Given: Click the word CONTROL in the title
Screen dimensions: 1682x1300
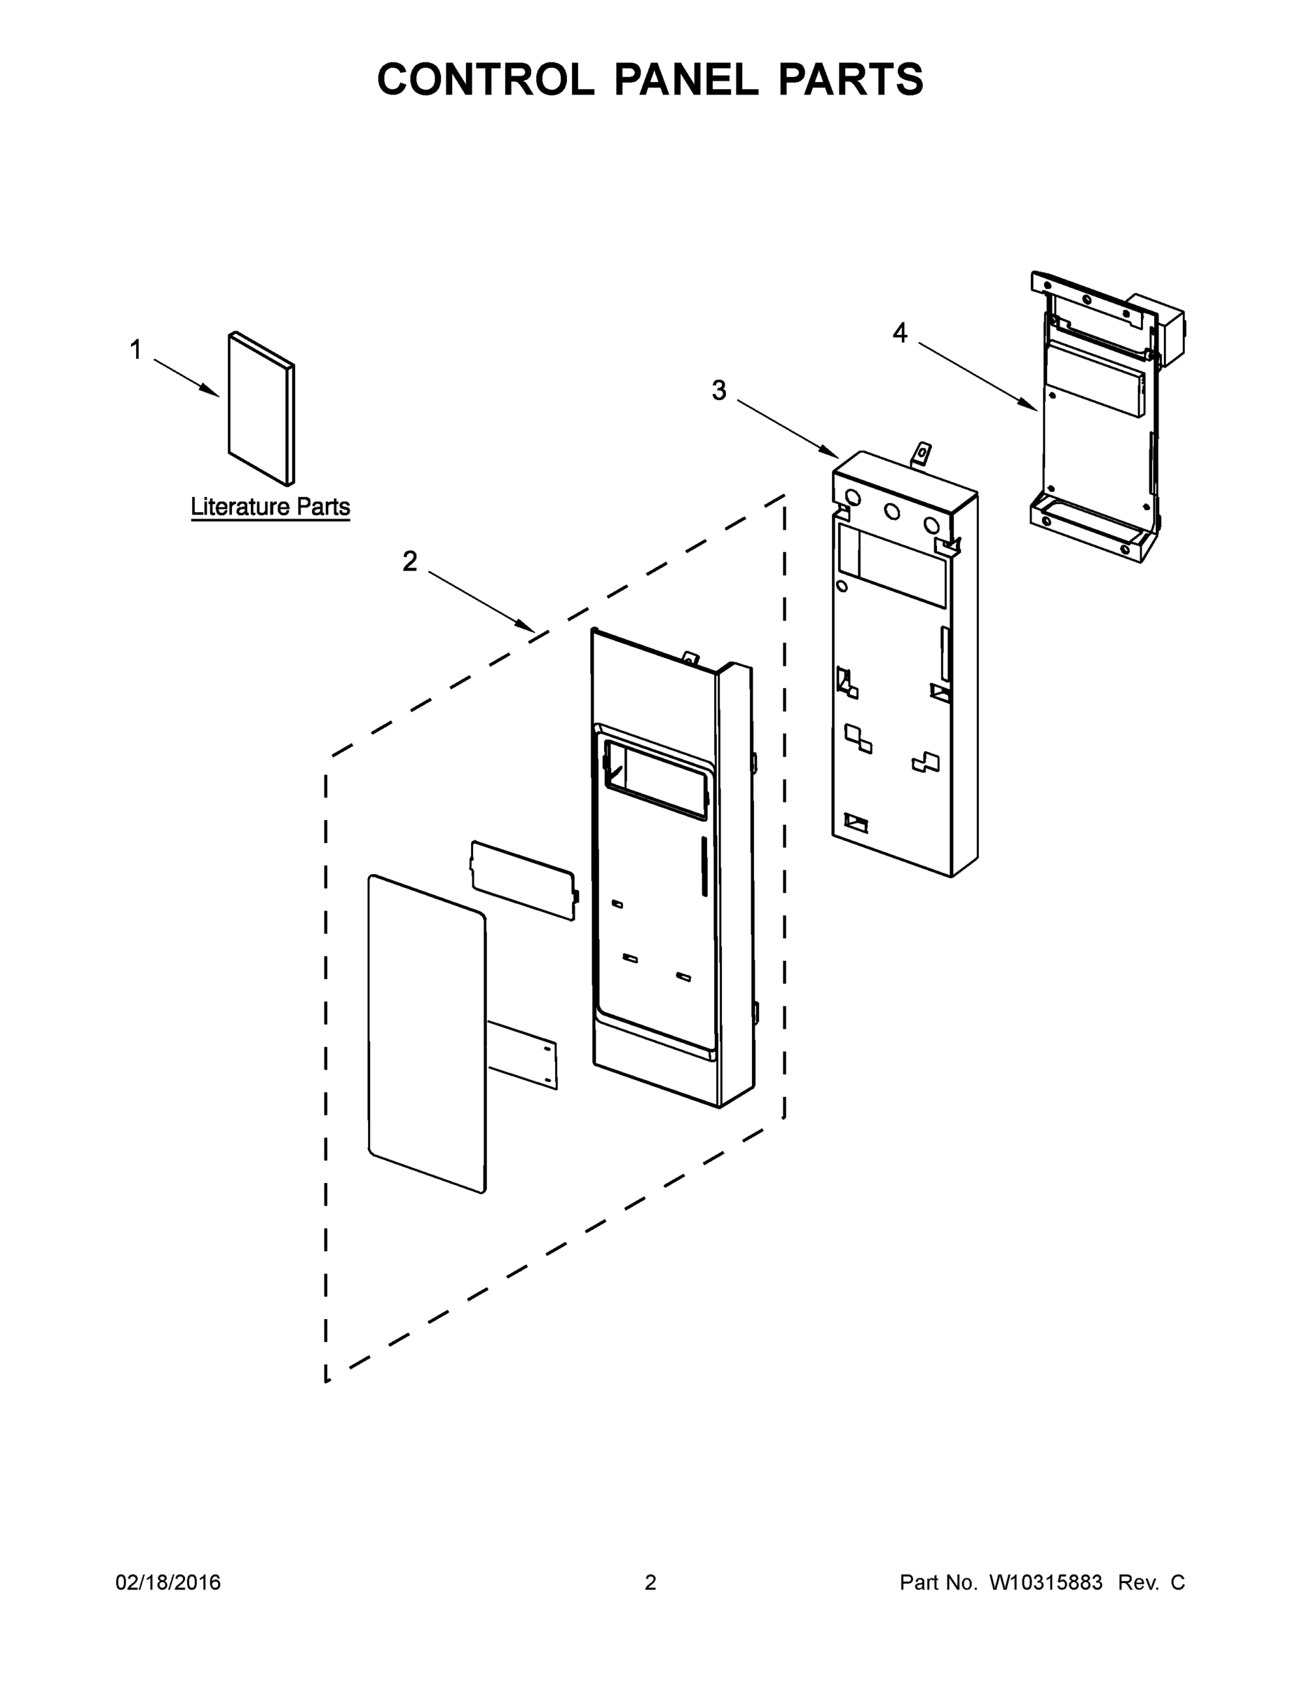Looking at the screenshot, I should pyautogui.click(x=485, y=79).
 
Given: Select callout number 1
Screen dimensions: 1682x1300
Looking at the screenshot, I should pyautogui.click(x=135, y=350).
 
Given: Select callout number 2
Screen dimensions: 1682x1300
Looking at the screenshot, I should pyautogui.click(x=409, y=561).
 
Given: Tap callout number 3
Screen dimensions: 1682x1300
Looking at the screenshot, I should pyautogui.click(x=718, y=390).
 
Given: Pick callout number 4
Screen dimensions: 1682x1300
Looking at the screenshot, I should pyautogui.click(x=900, y=333).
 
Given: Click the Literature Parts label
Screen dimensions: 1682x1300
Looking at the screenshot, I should pyautogui.click(x=271, y=507).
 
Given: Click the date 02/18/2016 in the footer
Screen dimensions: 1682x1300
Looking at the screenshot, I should pyautogui.click(x=168, y=1582).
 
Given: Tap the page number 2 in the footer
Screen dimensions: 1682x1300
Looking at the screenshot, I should pyautogui.click(x=650, y=1582).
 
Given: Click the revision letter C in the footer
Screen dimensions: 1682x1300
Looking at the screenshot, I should pyautogui.click(x=1177, y=1582).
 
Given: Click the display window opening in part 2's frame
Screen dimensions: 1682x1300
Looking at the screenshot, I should pyautogui.click(x=655, y=778).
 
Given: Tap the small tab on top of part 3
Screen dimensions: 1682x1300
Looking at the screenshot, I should pyautogui.click(x=920, y=454).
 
